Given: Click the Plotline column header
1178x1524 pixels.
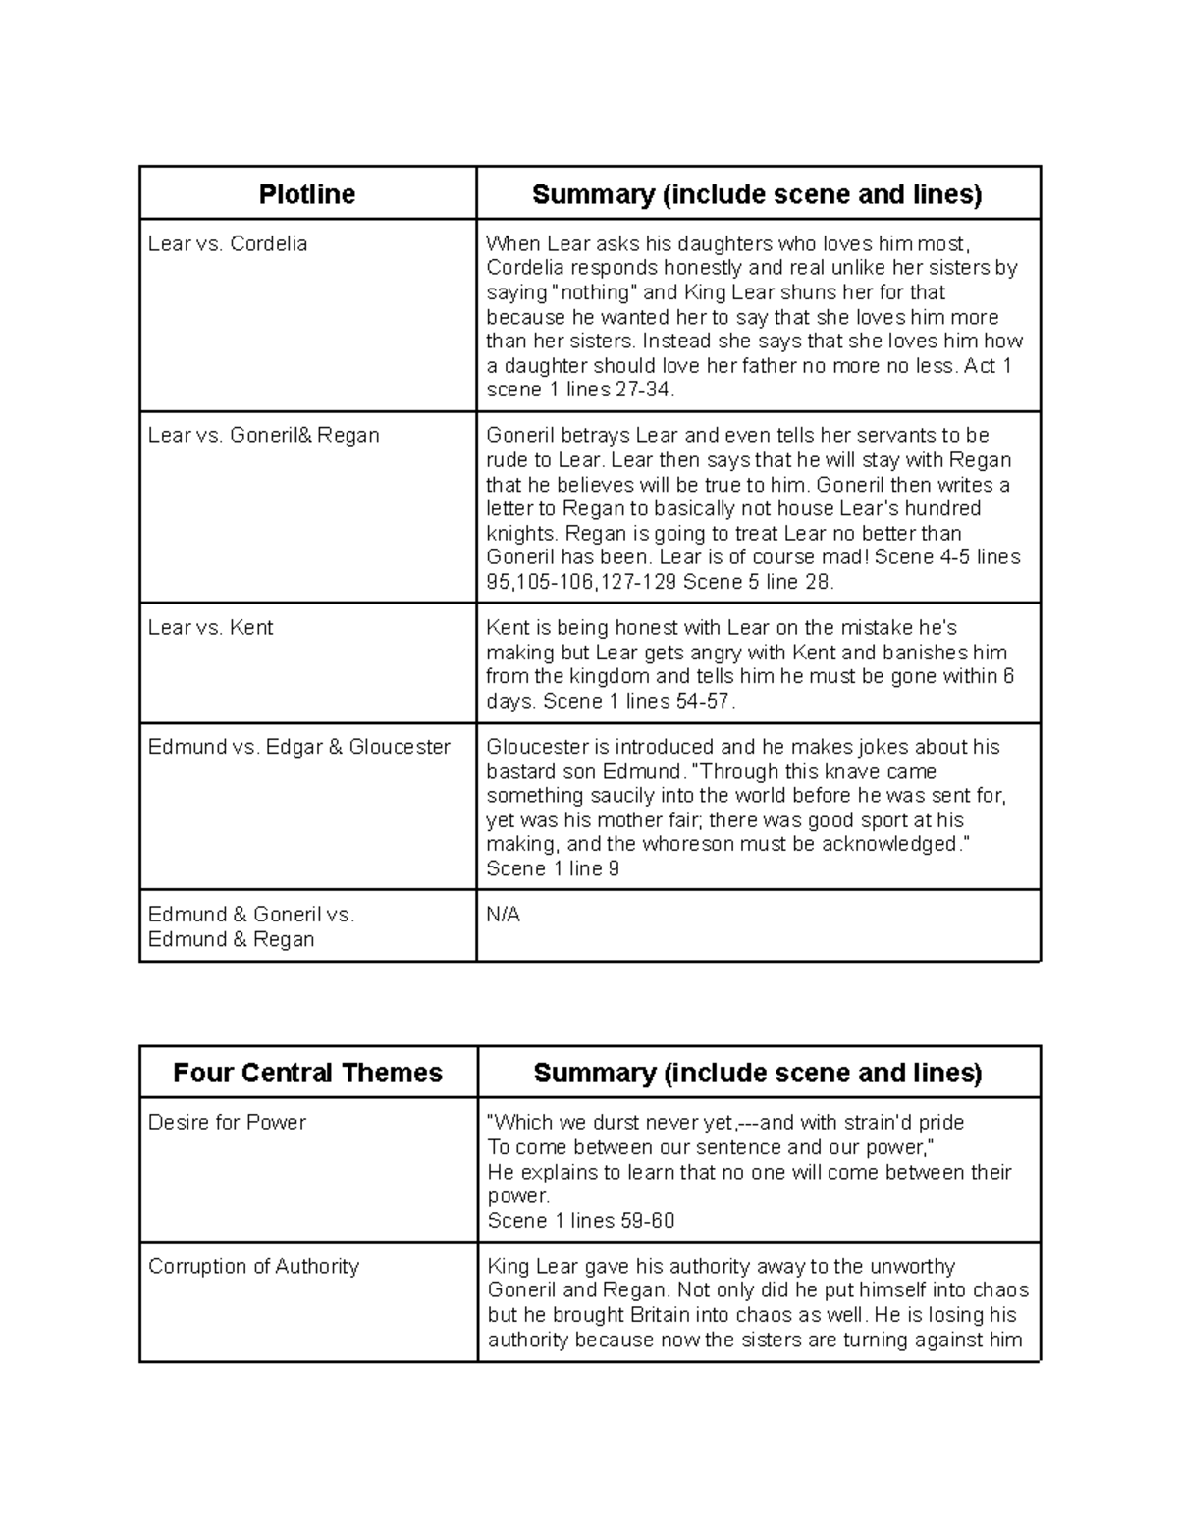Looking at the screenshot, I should pyautogui.click(x=306, y=194).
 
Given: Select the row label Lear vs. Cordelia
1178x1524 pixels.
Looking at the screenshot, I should pyautogui.click(x=227, y=243).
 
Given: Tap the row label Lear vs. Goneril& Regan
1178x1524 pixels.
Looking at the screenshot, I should pyautogui.click(x=263, y=435).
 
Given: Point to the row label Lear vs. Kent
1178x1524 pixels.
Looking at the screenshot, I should pyautogui.click(x=210, y=627).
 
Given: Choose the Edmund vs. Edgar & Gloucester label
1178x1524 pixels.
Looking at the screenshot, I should pyautogui.click(x=298, y=747).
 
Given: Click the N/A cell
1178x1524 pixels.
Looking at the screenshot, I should pyautogui.click(x=503, y=915).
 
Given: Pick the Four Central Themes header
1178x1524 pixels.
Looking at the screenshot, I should pyautogui.click(x=307, y=1073).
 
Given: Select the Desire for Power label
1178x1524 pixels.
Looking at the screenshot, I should pyautogui.click(x=227, y=1122).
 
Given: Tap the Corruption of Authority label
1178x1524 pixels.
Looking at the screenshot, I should pyautogui.click(x=253, y=1266).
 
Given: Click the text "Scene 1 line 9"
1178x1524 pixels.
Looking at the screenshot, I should pyautogui.click(x=553, y=868).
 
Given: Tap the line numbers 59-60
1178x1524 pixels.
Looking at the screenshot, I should pyautogui.click(x=647, y=1220).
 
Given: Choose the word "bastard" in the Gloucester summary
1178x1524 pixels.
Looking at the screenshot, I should pyautogui.click(x=520, y=771).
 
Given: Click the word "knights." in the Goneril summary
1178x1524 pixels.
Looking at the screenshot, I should pyautogui.click(x=522, y=533).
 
